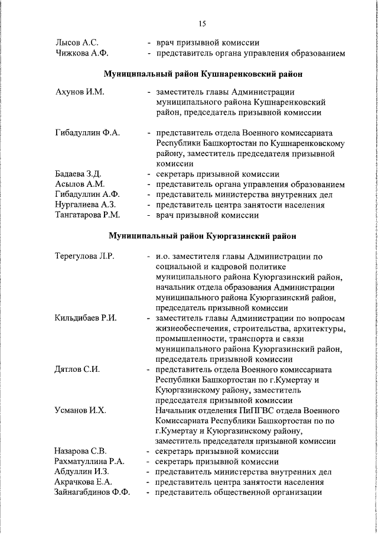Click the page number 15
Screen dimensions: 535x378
202,24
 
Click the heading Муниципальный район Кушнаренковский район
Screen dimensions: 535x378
203,75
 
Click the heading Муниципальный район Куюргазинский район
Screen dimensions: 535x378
203,236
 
